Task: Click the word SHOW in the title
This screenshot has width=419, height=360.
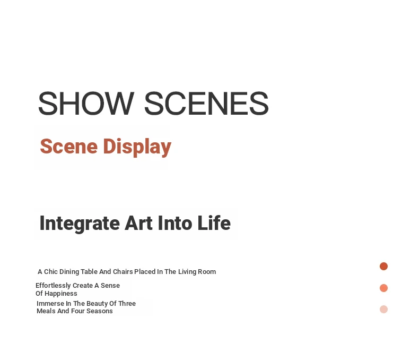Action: coord(86,103)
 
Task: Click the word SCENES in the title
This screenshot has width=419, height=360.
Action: coord(206,103)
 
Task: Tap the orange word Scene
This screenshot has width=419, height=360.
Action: coord(68,147)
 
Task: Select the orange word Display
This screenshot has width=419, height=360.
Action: coord(137,147)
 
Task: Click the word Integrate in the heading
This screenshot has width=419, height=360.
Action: coord(80,224)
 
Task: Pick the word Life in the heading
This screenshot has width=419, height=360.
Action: coord(214,223)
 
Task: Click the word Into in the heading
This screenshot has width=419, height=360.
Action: coord(175,223)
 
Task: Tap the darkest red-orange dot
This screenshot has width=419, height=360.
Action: coord(383,266)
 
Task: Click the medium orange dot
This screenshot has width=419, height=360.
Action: coord(383,288)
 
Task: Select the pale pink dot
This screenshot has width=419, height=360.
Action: coord(383,309)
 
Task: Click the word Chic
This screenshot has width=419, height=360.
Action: coord(51,272)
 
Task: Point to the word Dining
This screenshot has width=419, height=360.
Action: coord(69,272)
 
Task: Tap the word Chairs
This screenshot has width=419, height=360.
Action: coord(123,272)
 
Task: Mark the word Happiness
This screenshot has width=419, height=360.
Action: coord(60,294)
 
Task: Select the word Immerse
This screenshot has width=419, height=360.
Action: coord(50,304)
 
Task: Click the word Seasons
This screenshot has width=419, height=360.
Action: coord(99,311)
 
